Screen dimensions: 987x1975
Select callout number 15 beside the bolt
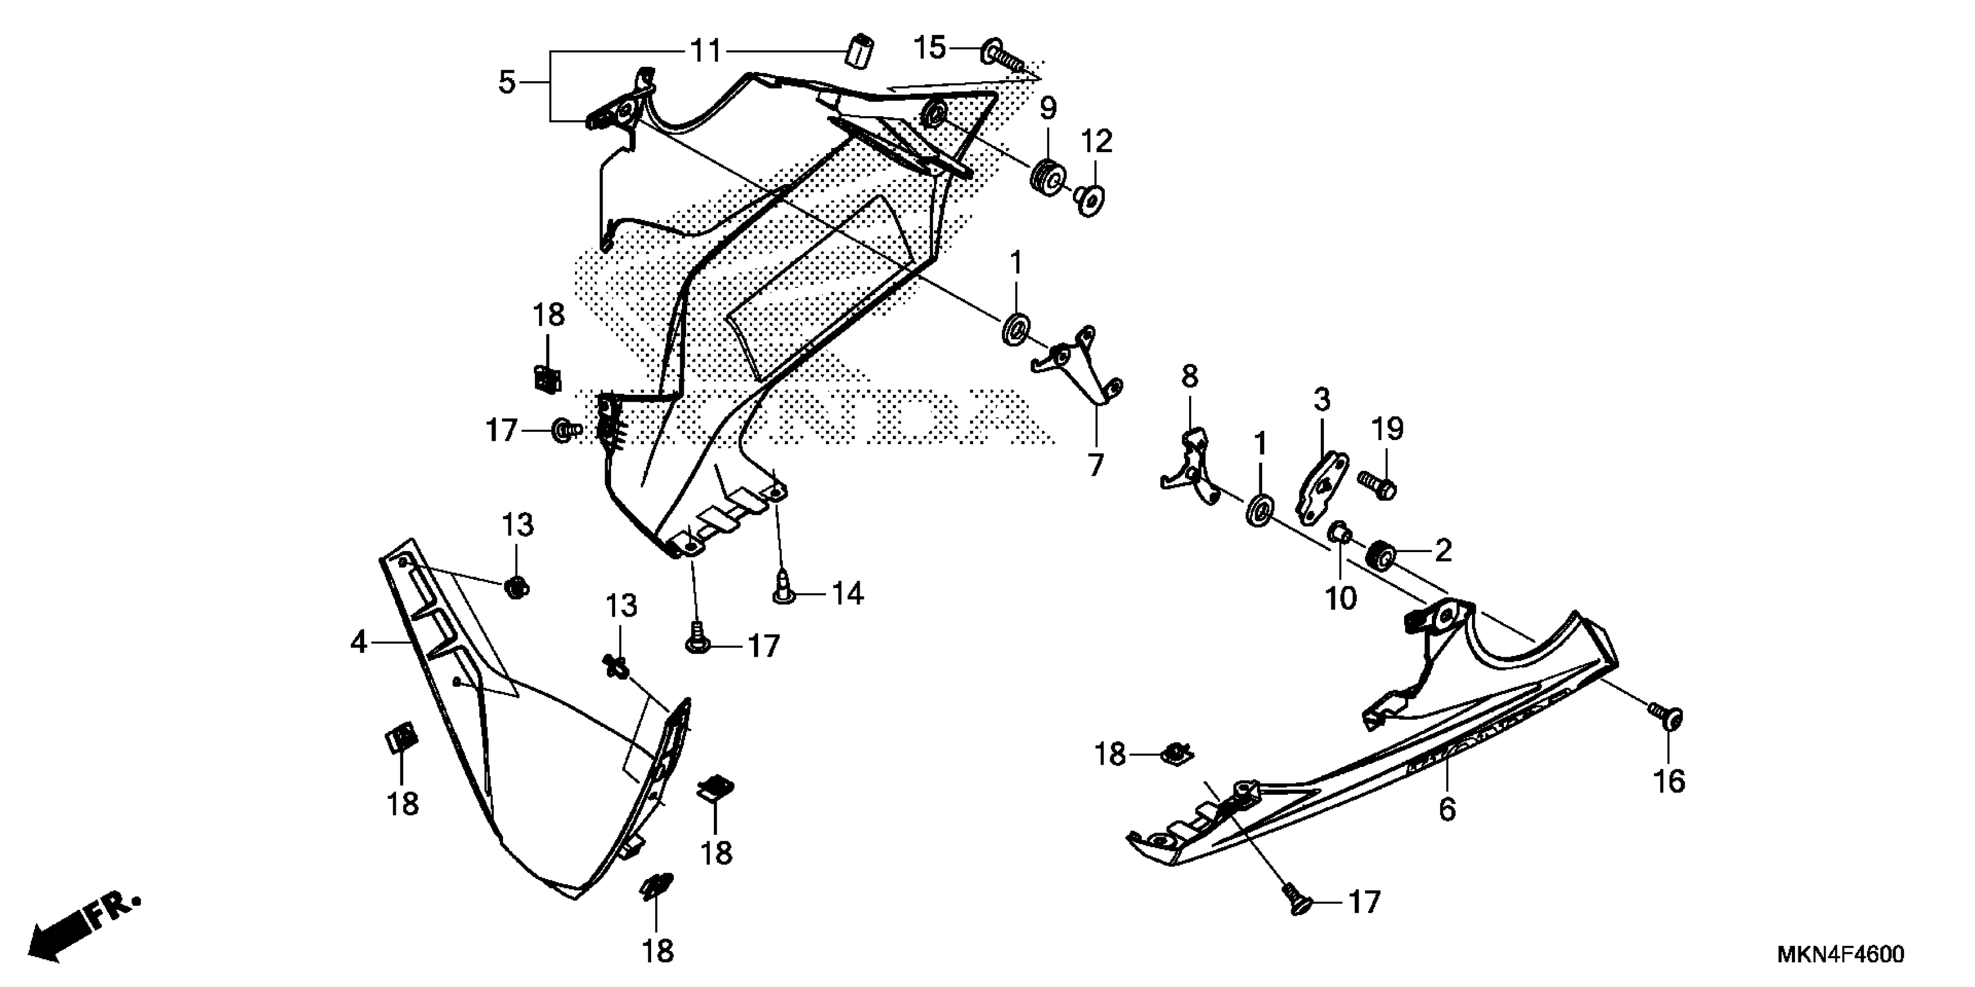click(x=930, y=48)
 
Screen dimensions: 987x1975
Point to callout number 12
click(x=1096, y=142)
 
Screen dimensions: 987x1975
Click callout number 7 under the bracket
click(x=1096, y=464)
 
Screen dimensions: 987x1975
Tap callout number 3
click(x=1322, y=400)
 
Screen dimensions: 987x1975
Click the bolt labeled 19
click(x=1378, y=484)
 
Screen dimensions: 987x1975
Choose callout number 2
click(x=1443, y=550)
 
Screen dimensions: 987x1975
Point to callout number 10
click(x=1341, y=599)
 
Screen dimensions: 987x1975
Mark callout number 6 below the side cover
click(x=1447, y=810)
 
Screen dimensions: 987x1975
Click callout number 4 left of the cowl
click(x=359, y=642)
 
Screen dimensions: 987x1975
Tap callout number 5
click(x=507, y=82)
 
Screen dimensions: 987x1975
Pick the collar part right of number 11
click(x=860, y=51)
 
